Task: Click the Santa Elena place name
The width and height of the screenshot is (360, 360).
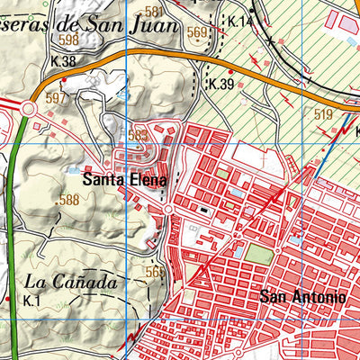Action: [x=123, y=179]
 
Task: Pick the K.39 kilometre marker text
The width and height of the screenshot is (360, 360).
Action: [x=220, y=84]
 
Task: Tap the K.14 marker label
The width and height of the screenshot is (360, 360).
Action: [x=240, y=21]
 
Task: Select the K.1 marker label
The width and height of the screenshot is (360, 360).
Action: [x=33, y=300]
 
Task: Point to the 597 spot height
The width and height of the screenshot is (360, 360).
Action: [x=57, y=97]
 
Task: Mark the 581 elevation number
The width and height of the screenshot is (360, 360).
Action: [x=154, y=11]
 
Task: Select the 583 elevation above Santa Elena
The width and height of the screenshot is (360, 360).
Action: [x=138, y=135]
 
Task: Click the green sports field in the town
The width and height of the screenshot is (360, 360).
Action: [x=258, y=255]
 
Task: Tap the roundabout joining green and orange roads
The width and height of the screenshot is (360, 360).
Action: [x=28, y=109]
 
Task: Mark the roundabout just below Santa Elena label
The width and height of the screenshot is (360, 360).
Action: [x=167, y=210]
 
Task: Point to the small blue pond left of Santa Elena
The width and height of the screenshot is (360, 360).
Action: [x=74, y=168]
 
